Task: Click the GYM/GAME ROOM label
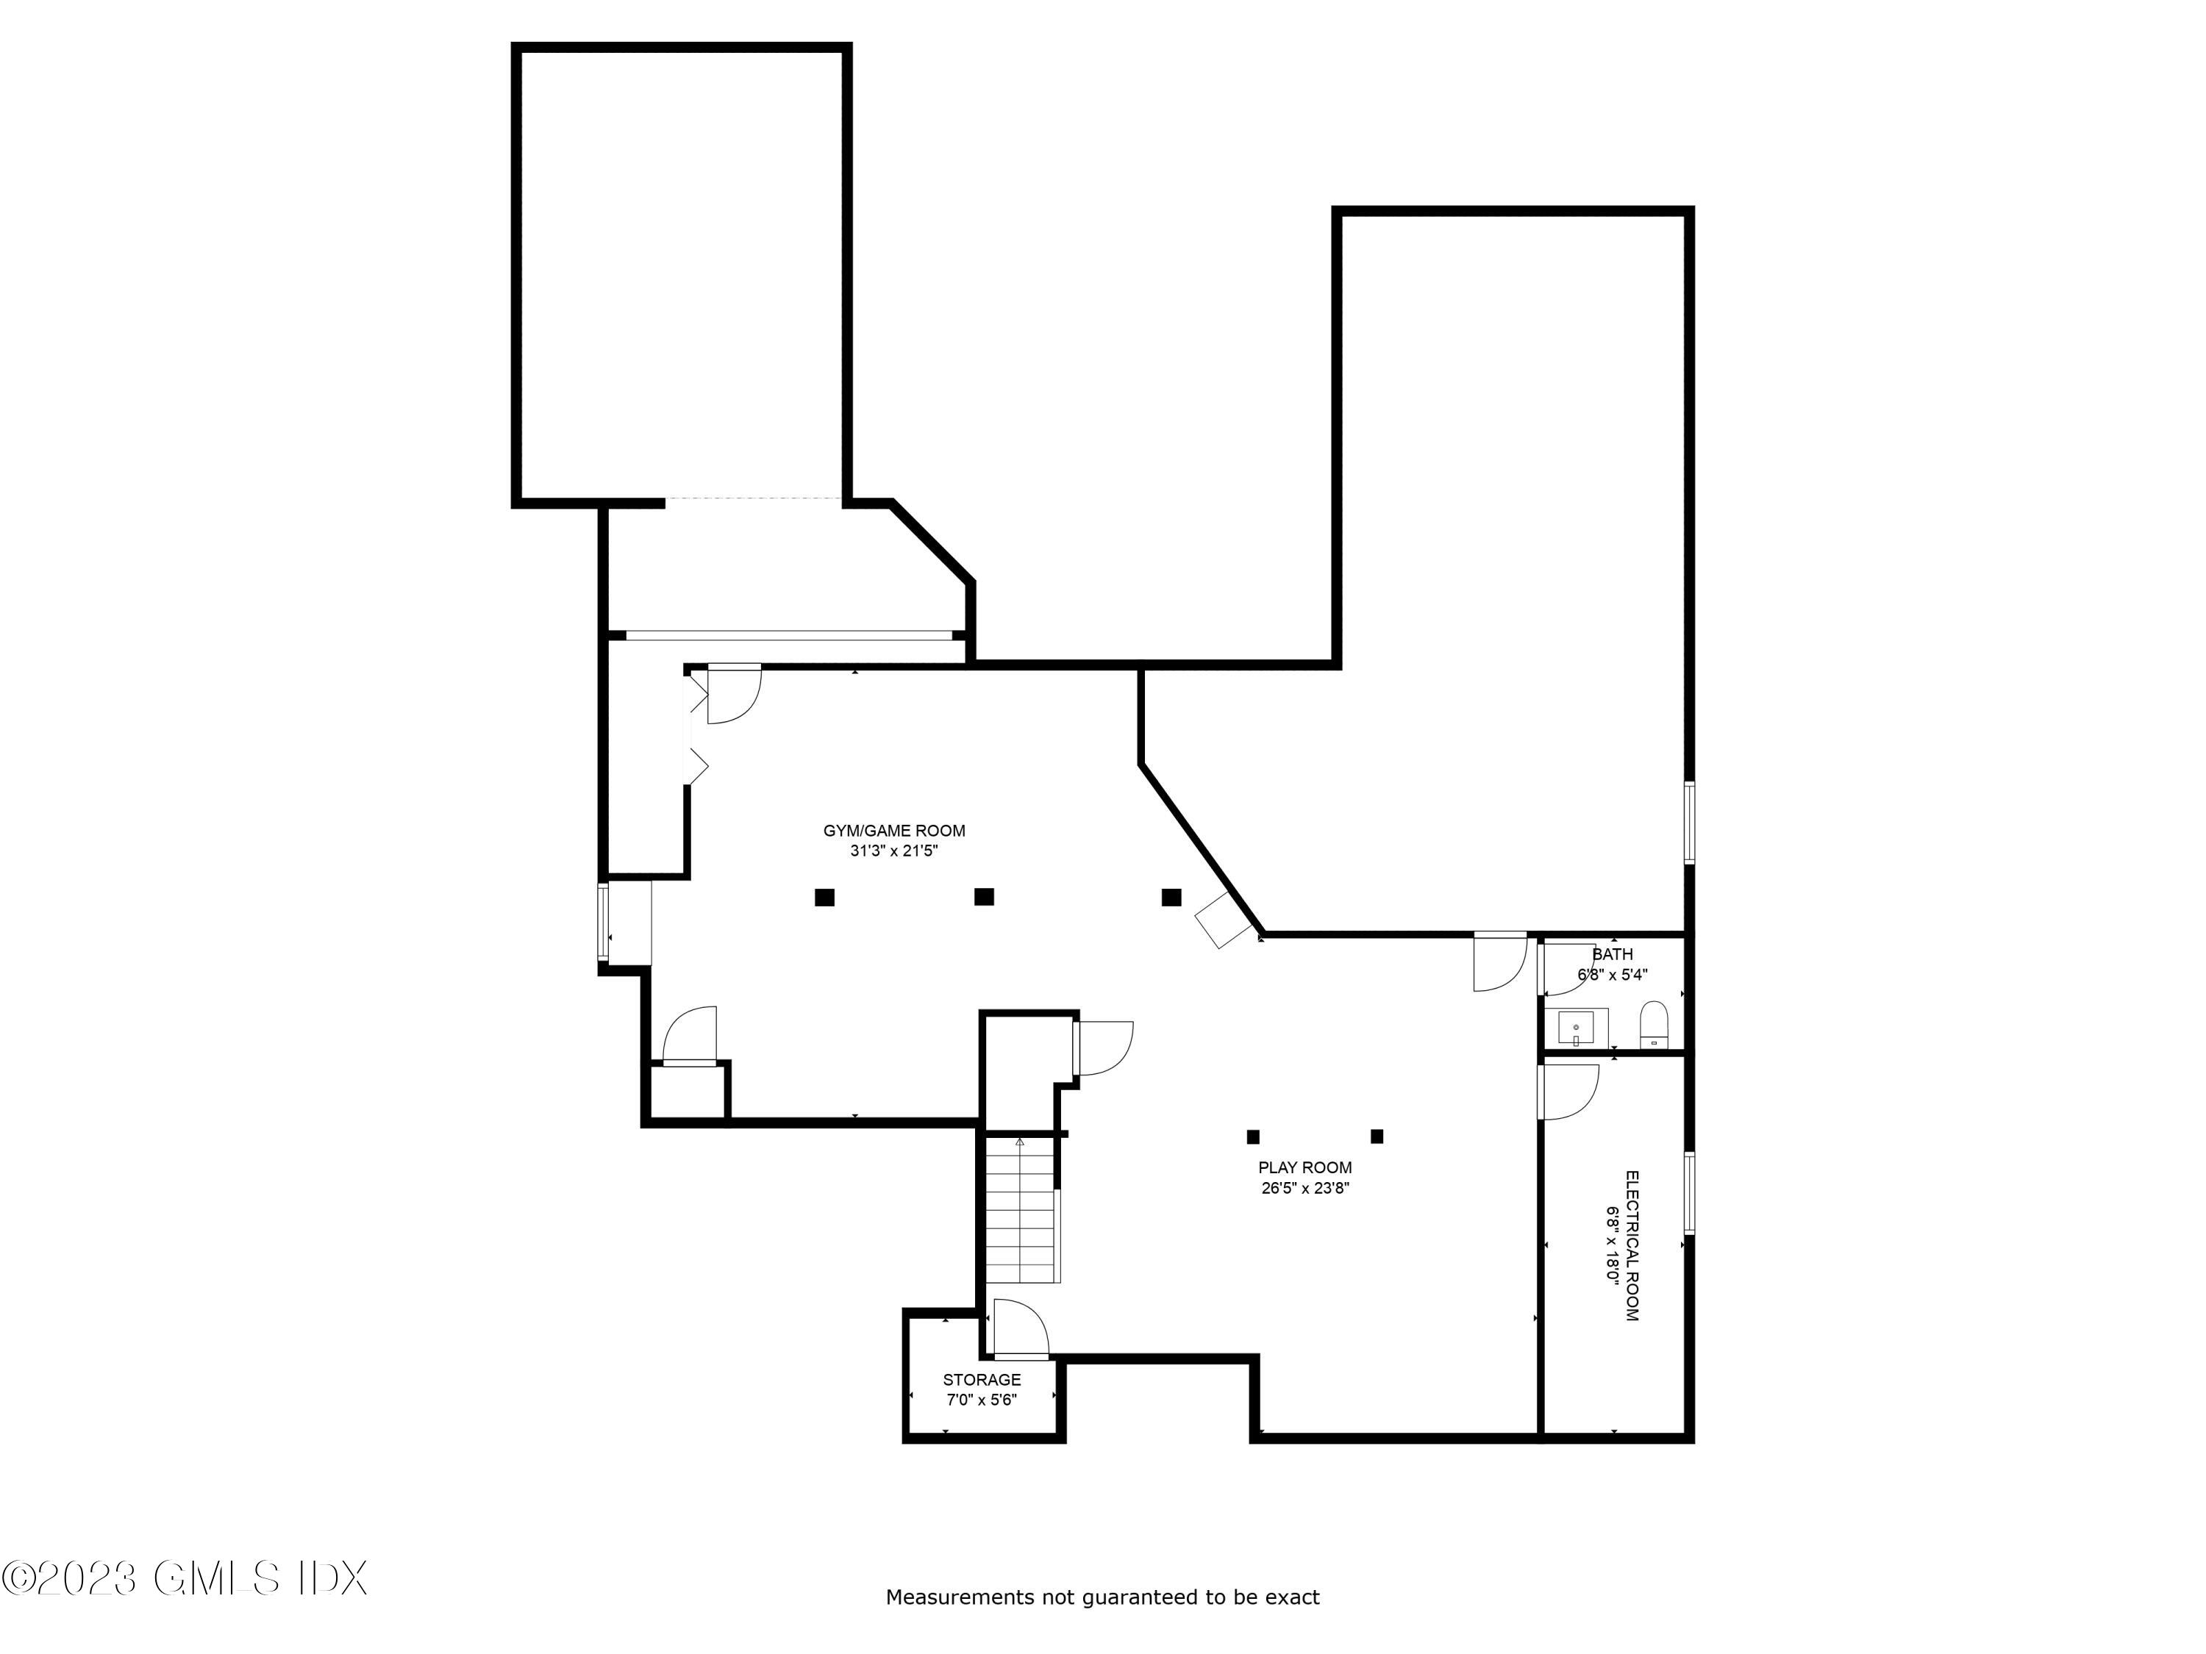(x=893, y=831)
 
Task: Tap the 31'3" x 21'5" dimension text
(x=893, y=851)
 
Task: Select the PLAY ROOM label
(x=1304, y=1167)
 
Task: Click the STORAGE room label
(x=982, y=1380)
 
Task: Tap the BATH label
(x=1613, y=954)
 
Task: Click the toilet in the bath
(x=1654, y=1025)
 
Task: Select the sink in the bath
(x=1576, y=1028)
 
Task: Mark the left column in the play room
(x=1254, y=1136)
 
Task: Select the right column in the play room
(x=1377, y=1136)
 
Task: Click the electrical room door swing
(x=1568, y=1092)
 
